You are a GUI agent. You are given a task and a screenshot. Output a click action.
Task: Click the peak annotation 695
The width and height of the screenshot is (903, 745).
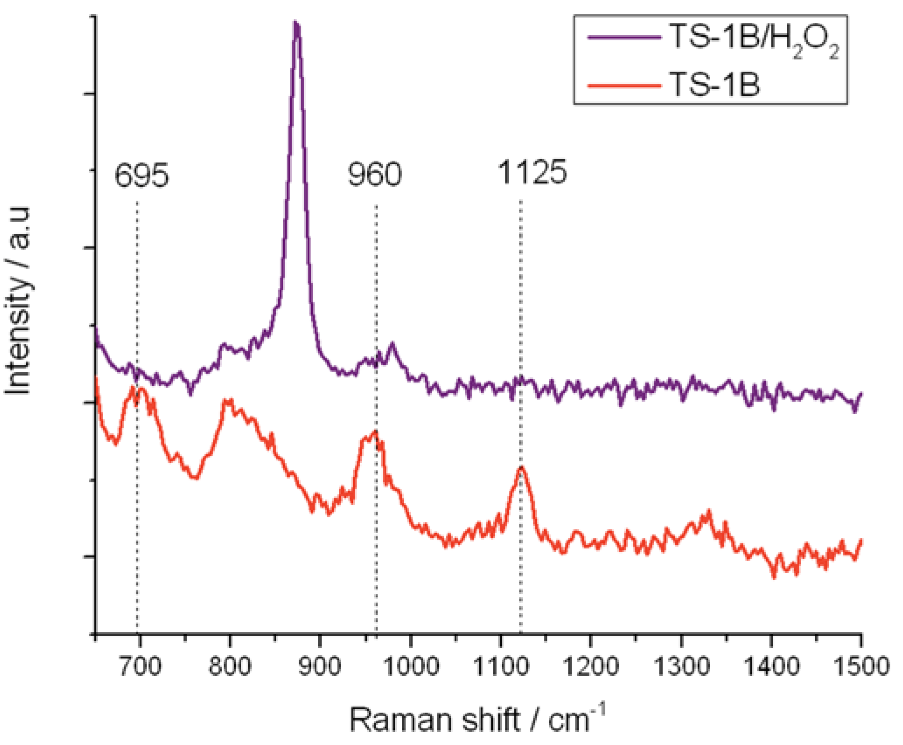tap(141, 176)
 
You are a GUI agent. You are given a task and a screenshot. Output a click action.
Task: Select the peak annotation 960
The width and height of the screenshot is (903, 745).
tap(375, 175)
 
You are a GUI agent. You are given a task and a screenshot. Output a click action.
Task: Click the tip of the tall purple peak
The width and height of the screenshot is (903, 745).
tap(296, 23)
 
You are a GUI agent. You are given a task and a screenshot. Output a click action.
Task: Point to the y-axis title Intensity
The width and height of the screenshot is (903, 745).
tap(18, 301)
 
